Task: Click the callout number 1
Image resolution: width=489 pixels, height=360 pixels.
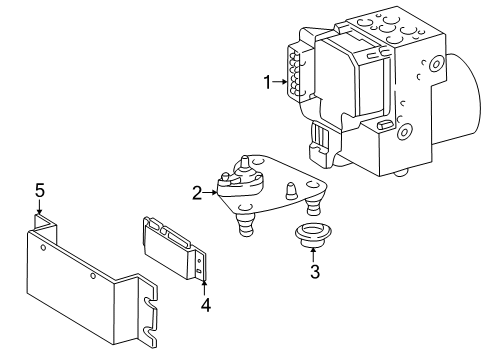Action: coord(267,84)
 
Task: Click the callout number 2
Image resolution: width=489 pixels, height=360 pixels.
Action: coord(198,192)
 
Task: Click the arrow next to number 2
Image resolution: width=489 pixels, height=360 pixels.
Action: coord(211,192)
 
